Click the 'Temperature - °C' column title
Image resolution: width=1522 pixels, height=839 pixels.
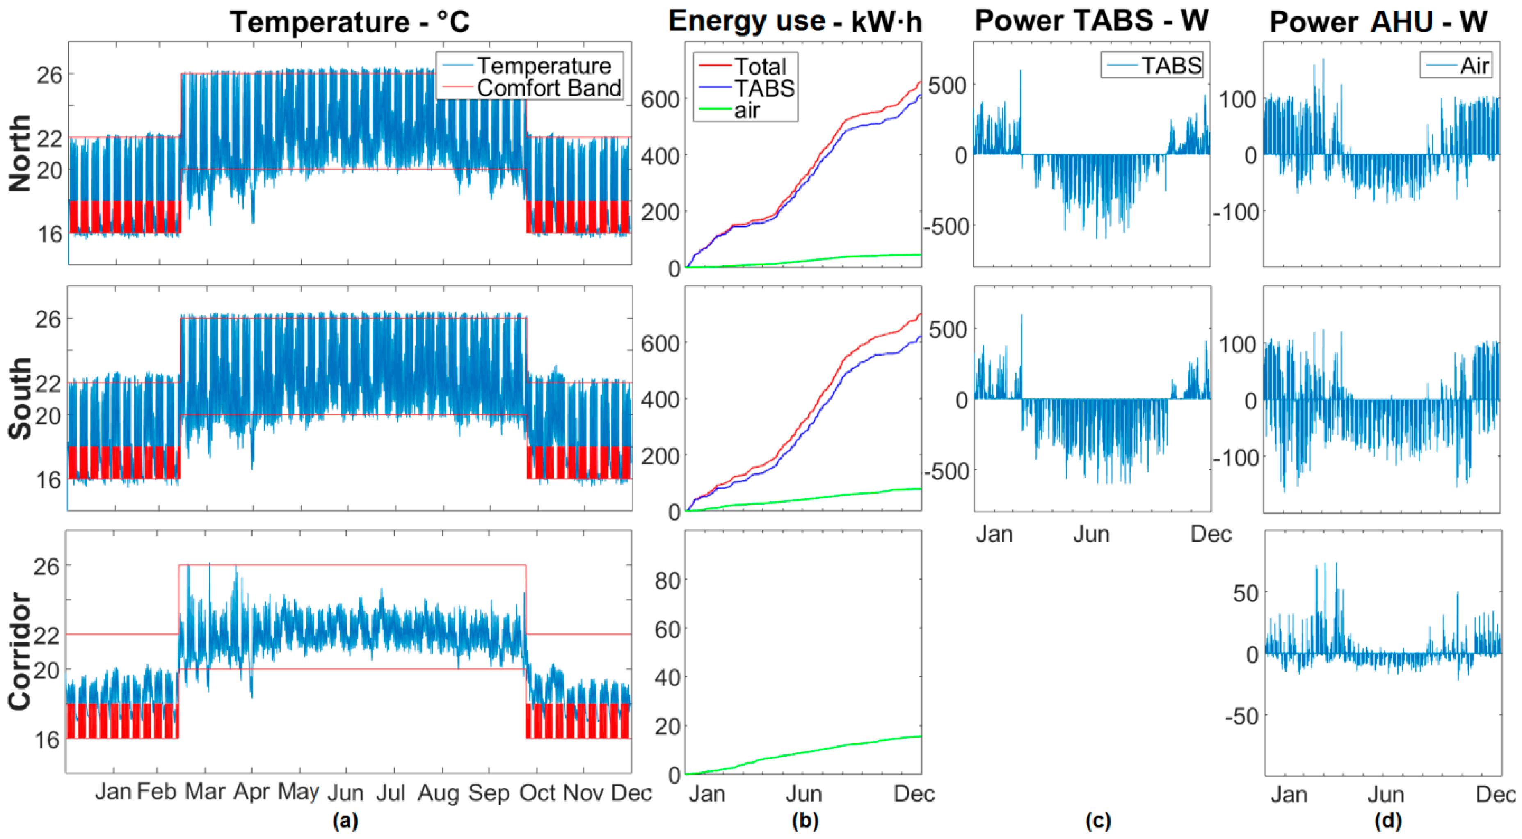coord(350,23)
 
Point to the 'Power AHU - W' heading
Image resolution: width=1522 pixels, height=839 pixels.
coord(1378,23)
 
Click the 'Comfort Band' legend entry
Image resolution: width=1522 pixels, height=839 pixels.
coord(548,88)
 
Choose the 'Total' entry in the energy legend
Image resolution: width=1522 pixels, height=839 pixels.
coord(759,66)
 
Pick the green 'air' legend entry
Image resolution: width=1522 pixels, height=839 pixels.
coord(747,110)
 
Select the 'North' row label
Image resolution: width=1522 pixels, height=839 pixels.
coord(20,153)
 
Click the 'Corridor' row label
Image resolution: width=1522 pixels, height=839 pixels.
coord(20,651)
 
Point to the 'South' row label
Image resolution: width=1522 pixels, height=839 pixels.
coord(20,398)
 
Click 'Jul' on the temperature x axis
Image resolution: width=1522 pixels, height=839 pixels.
coord(391,792)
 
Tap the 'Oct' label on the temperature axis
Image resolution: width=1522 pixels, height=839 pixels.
coord(537,792)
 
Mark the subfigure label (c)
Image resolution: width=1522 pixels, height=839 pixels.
coord(1098,820)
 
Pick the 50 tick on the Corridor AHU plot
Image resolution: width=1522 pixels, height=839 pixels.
coord(1245,592)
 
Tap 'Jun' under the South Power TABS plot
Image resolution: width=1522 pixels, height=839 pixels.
coord(1091,534)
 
